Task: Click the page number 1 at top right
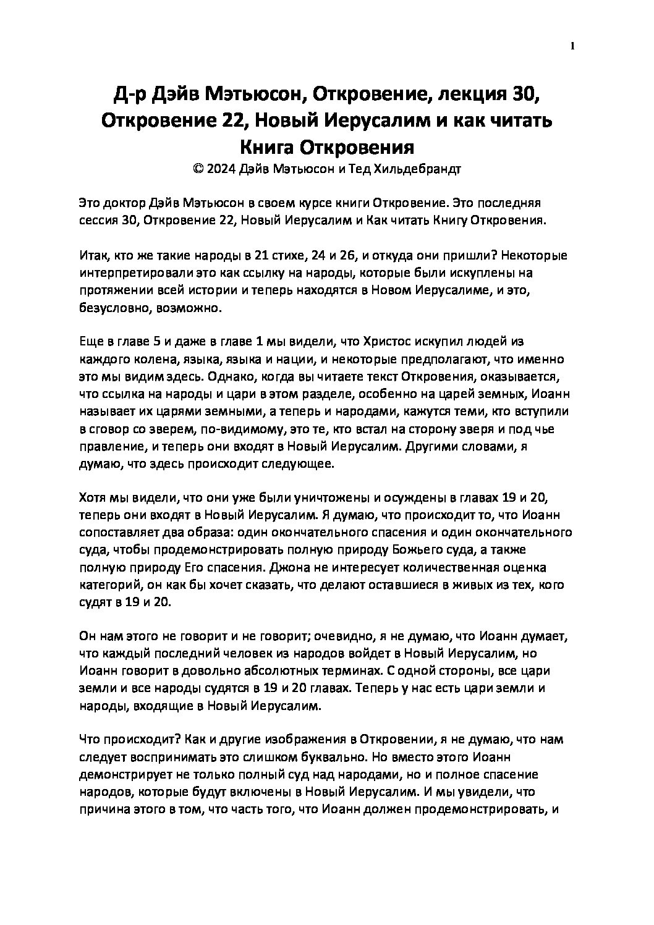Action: [573, 46]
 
